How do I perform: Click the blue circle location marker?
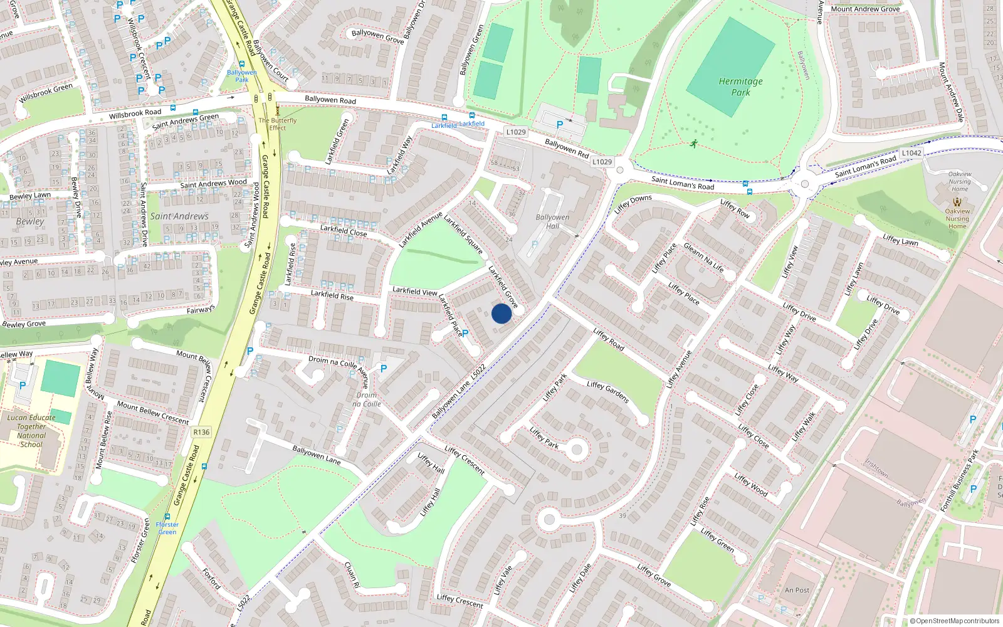[x=501, y=313]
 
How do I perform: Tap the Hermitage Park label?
[x=741, y=87]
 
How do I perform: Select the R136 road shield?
[x=201, y=432]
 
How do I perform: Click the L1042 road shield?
[x=911, y=153]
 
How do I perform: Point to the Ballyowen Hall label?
[x=552, y=221]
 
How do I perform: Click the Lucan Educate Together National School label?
[x=31, y=431]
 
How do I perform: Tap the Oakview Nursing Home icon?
[x=957, y=202]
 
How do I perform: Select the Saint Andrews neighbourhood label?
[x=179, y=216]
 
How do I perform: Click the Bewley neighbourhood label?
[x=30, y=221]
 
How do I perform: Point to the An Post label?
[x=797, y=590]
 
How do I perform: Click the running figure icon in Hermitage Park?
[x=694, y=144]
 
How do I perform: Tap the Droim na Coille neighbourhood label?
[x=367, y=399]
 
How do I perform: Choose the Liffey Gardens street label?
[x=607, y=392]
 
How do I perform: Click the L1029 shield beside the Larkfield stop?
[x=516, y=132]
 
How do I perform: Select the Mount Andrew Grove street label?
[x=865, y=9]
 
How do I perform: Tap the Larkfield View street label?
[x=414, y=291]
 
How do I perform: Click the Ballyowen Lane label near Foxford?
[x=317, y=455]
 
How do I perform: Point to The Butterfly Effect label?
[x=278, y=124]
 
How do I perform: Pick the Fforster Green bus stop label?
[x=167, y=528]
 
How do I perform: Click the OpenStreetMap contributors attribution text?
[x=955, y=621]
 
